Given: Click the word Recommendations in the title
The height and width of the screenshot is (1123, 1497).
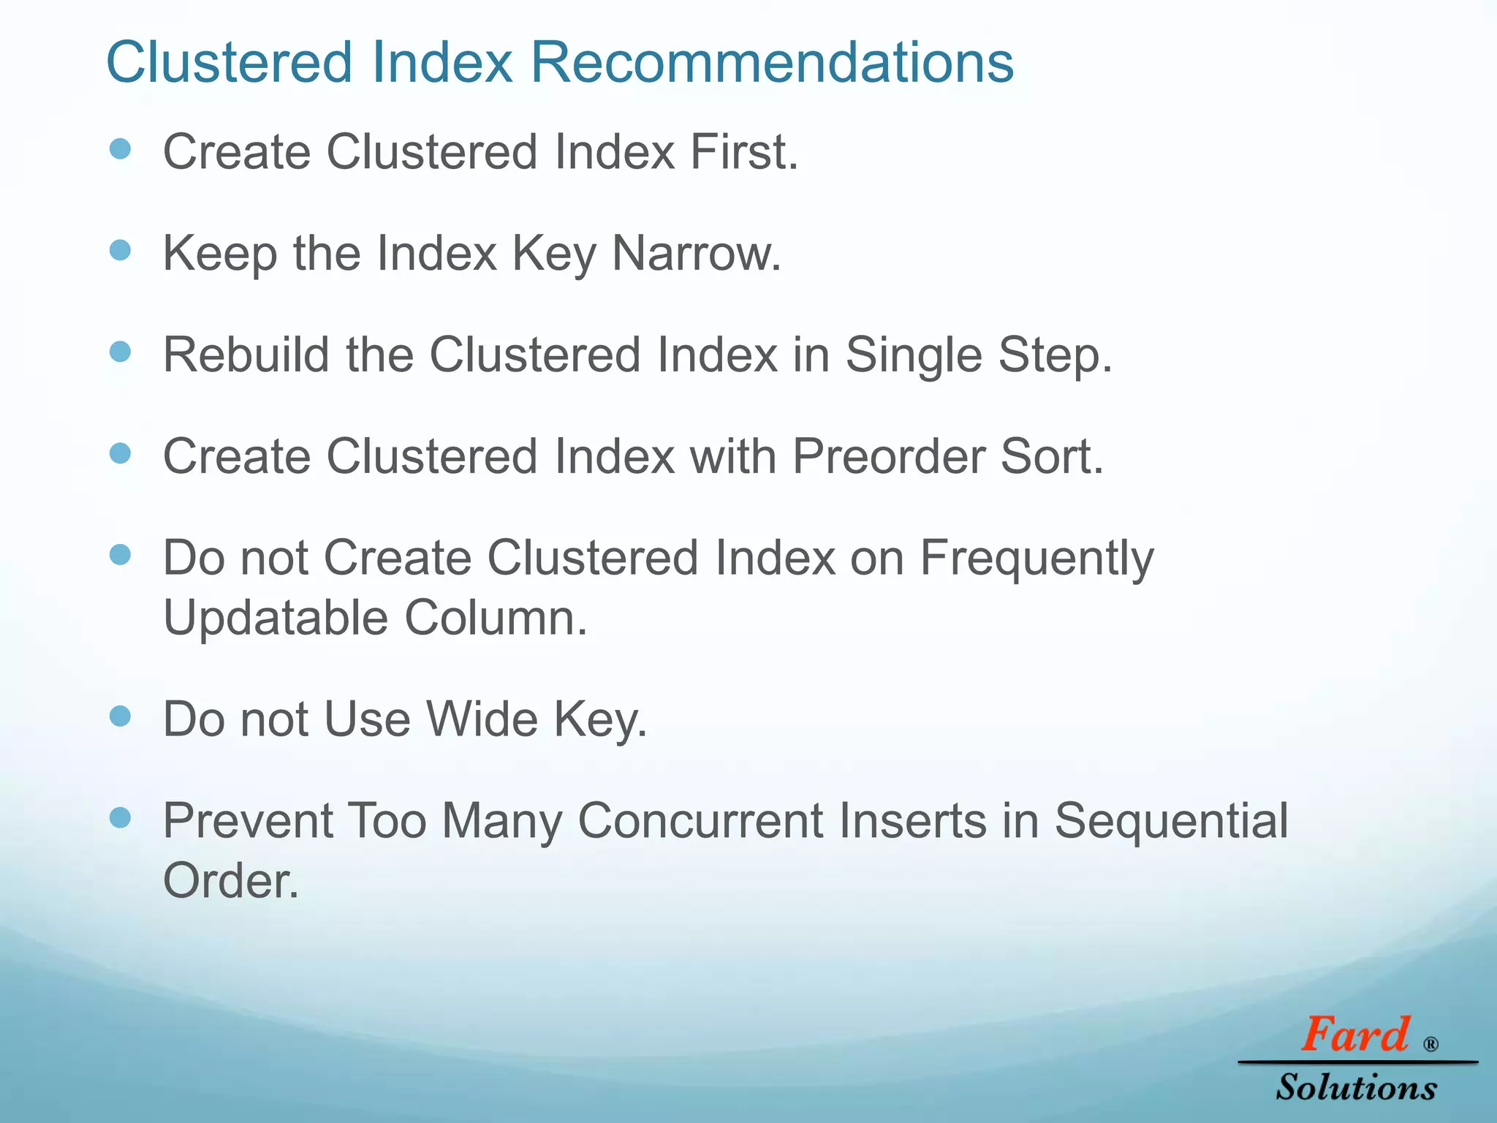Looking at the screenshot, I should [x=771, y=62].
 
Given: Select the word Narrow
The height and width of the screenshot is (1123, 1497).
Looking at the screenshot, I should [x=695, y=254].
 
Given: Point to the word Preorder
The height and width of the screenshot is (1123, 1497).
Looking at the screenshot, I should [x=888, y=457].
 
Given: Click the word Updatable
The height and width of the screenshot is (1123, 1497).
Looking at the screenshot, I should [x=275, y=618].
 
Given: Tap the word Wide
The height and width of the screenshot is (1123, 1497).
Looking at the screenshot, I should [x=482, y=719].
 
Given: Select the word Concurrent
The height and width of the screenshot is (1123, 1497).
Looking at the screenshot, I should [x=700, y=820].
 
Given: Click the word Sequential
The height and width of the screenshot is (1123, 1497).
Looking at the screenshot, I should [x=1170, y=820].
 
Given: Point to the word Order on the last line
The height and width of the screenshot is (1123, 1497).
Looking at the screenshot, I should [x=229, y=881].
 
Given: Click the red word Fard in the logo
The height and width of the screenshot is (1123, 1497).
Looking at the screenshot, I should [x=1354, y=1035].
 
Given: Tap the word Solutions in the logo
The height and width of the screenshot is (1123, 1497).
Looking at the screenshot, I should [x=1357, y=1087].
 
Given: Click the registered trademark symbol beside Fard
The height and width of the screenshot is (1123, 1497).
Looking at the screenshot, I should [x=1430, y=1045].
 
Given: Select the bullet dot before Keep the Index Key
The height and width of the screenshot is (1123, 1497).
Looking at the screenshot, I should [x=120, y=251].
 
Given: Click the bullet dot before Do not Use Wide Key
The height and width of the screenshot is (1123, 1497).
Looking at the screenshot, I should [x=120, y=716].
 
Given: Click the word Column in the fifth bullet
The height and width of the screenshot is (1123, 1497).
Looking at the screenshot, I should [x=495, y=618].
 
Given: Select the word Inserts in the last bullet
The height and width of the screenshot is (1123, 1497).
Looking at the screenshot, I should [x=913, y=820].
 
